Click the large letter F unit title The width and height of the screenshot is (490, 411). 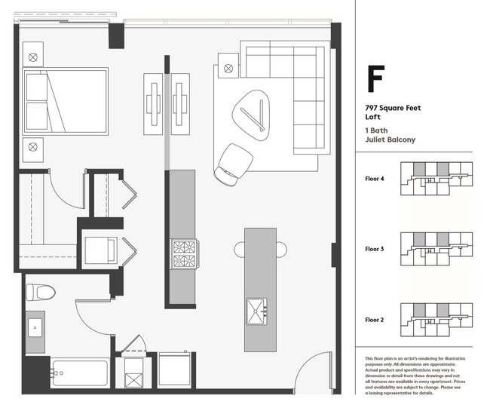[375, 79]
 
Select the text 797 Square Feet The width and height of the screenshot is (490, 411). [392, 109]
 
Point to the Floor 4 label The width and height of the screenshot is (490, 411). [375, 179]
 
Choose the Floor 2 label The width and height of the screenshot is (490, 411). [375, 320]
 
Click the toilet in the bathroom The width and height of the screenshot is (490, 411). [38, 292]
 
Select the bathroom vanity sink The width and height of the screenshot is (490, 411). [35, 330]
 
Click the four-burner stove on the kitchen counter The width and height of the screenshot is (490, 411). [184, 253]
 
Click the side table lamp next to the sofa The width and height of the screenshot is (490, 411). [227, 69]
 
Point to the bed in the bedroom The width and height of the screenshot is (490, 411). [65, 100]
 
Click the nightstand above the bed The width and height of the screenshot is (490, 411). [33, 57]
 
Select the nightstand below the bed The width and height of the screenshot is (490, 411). [33, 147]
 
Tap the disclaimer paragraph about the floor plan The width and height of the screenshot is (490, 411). [417, 376]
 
